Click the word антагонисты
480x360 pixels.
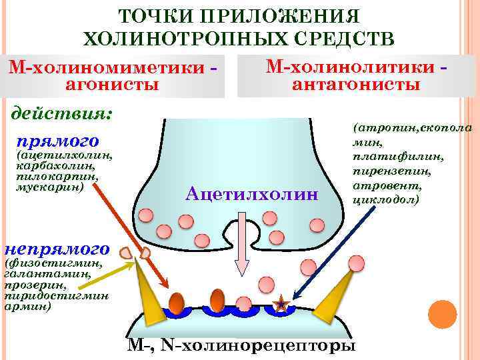[356, 84]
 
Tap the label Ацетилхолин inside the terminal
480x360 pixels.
[253, 194]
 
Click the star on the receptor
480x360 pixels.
[282, 305]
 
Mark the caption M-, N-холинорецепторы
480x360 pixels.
[241, 346]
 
